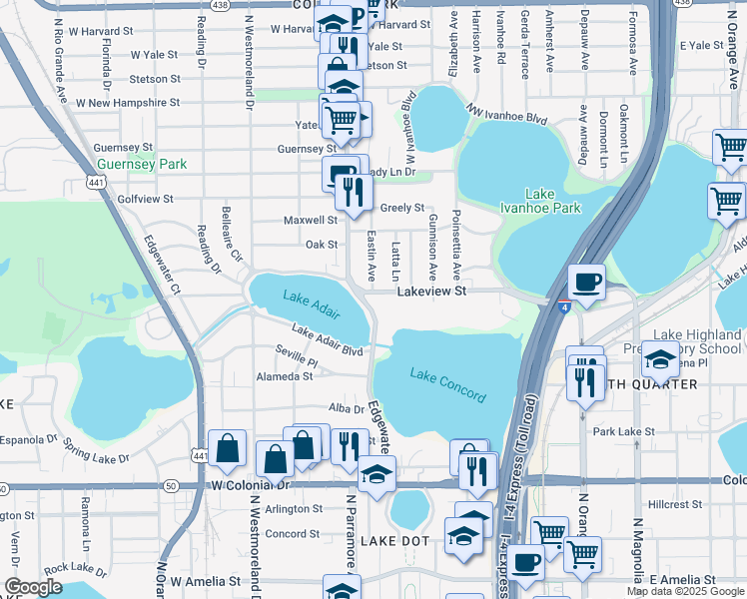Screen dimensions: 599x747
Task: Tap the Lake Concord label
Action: (x=447, y=385)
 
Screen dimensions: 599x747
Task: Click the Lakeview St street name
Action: (x=431, y=292)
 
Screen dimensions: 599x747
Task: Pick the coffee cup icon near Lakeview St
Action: (x=587, y=282)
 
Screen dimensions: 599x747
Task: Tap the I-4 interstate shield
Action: (x=564, y=306)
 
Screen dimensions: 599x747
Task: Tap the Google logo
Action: (x=33, y=587)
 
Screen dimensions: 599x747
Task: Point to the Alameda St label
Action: (x=287, y=376)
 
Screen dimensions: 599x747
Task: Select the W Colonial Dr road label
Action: (x=249, y=485)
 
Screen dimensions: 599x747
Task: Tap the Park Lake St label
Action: (x=623, y=432)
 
